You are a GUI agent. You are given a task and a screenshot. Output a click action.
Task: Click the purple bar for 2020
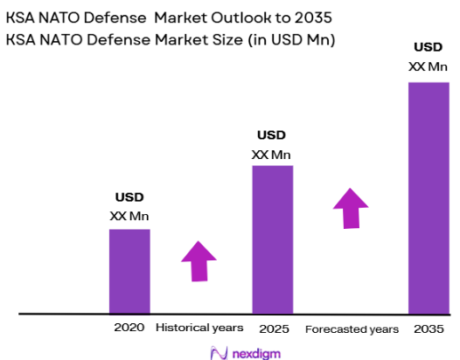point(129,270)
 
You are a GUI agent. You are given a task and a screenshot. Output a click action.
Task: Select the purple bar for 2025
point(273,239)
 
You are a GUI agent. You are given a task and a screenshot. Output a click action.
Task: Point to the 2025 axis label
point(274,329)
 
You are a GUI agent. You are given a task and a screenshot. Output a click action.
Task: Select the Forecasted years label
point(352,329)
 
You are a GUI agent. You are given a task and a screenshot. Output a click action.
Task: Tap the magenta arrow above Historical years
point(199,260)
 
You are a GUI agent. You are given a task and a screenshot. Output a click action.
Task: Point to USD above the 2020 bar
point(129,197)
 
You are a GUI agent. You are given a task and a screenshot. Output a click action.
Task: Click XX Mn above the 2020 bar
point(129,215)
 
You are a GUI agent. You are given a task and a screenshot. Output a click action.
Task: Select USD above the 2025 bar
point(271,135)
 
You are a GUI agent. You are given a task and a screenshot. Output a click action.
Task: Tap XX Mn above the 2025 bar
point(271,155)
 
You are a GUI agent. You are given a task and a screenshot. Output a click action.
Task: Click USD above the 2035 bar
point(428,47)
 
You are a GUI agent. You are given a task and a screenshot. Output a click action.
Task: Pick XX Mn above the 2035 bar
point(428,66)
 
